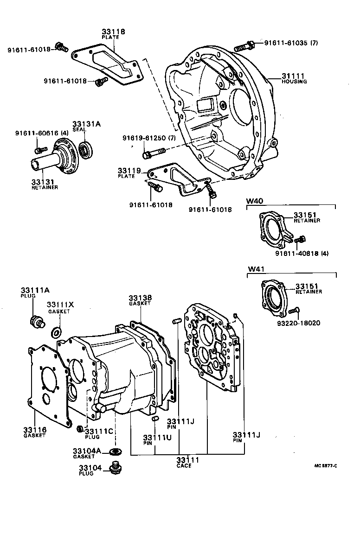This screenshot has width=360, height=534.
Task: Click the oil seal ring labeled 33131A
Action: click(86, 149)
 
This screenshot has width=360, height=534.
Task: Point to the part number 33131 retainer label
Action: click(44, 182)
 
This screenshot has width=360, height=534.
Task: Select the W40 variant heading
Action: click(255, 201)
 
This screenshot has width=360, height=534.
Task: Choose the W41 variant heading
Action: click(255, 269)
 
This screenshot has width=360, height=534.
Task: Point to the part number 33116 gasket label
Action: click(35, 430)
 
